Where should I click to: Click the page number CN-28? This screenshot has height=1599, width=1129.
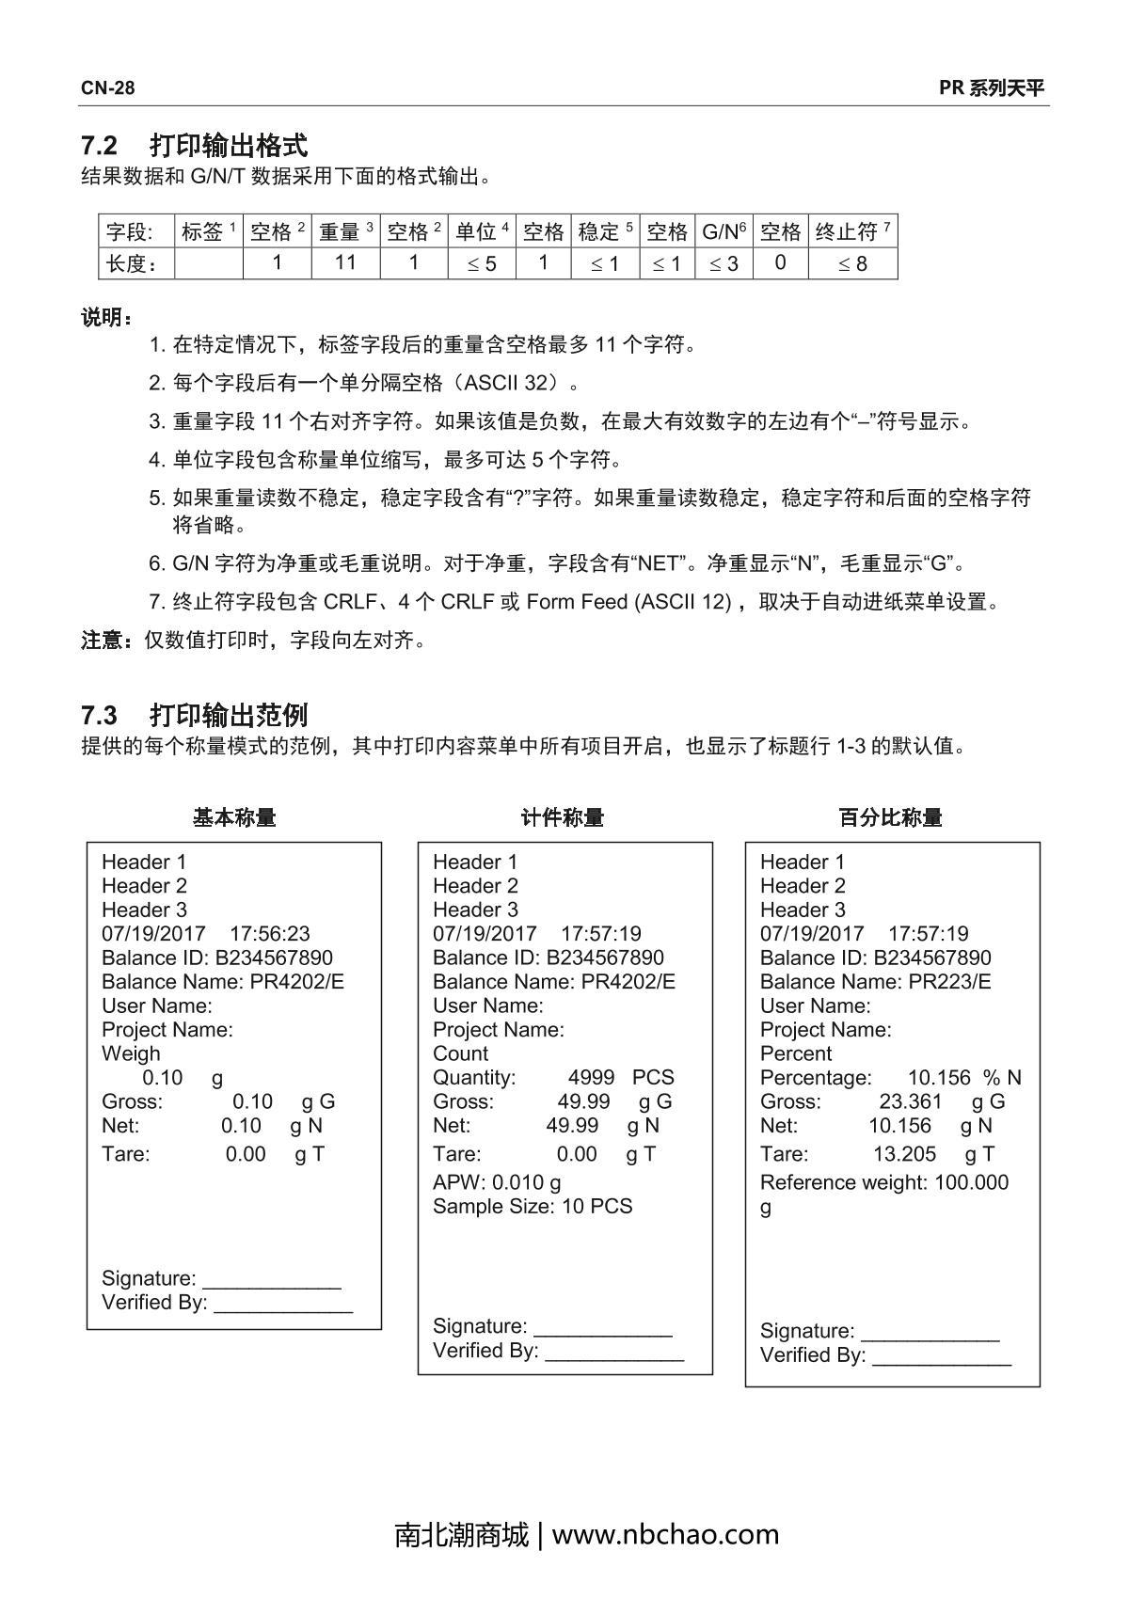tap(107, 88)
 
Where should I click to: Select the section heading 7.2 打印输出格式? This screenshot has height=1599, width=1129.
tap(194, 146)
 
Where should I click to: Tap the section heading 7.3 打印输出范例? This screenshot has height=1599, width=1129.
tap(194, 715)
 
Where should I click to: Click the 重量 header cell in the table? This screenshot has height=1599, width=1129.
tap(345, 231)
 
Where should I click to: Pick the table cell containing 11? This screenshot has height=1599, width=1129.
tap(345, 263)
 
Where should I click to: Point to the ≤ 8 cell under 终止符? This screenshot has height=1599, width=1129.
tap(852, 263)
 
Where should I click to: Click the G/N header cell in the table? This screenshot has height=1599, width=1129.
tap(724, 231)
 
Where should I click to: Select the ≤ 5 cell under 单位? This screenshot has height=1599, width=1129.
tap(482, 263)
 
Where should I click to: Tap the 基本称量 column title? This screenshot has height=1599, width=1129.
tap(234, 817)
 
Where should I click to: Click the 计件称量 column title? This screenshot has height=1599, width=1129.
tap(563, 817)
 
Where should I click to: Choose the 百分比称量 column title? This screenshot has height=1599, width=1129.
tap(890, 817)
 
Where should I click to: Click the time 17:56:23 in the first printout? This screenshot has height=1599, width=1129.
tap(269, 934)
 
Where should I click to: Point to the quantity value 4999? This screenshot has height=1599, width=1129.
tap(591, 1078)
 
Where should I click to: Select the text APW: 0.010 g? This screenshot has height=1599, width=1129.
tap(497, 1182)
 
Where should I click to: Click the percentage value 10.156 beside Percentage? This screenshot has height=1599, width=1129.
tap(938, 1078)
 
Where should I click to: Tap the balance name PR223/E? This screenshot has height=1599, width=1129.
tap(949, 982)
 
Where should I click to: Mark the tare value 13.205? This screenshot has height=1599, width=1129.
tap(904, 1154)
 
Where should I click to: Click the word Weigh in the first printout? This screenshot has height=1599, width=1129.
tap(131, 1053)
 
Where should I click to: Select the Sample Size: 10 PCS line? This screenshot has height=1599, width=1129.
tap(533, 1207)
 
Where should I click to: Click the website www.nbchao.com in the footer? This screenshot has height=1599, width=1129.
tap(665, 1535)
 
